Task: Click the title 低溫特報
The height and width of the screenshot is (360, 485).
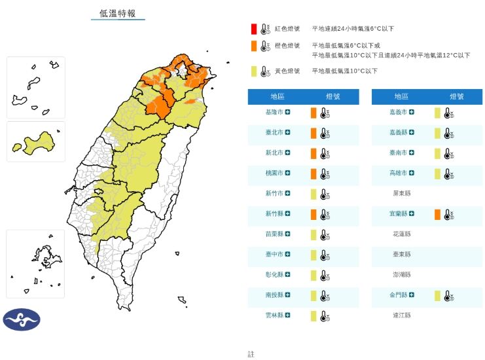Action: tap(118, 13)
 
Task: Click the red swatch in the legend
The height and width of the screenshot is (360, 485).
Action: tap(253, 29)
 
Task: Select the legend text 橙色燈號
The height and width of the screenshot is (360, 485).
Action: tap(287, 46)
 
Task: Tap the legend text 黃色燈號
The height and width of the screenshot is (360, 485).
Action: tap(287, 71)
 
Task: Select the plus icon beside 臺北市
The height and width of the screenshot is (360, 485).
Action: tap(288, 133)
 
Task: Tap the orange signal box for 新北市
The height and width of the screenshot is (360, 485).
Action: tap(314, 153)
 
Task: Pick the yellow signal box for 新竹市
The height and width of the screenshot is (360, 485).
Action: tap(314, 194)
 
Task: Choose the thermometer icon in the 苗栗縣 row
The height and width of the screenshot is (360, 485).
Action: tap(323, 235)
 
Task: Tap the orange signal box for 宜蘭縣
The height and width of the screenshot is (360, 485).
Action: tap(437, 214)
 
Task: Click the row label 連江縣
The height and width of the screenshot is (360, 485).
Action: tap(401, 315)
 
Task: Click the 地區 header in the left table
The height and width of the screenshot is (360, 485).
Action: tap(278, 97)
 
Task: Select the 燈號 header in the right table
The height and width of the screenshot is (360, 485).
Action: tap(457, 97)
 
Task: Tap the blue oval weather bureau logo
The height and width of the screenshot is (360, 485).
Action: tap(22, 319)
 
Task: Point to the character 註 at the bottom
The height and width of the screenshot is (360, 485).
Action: tap(251, 354)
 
